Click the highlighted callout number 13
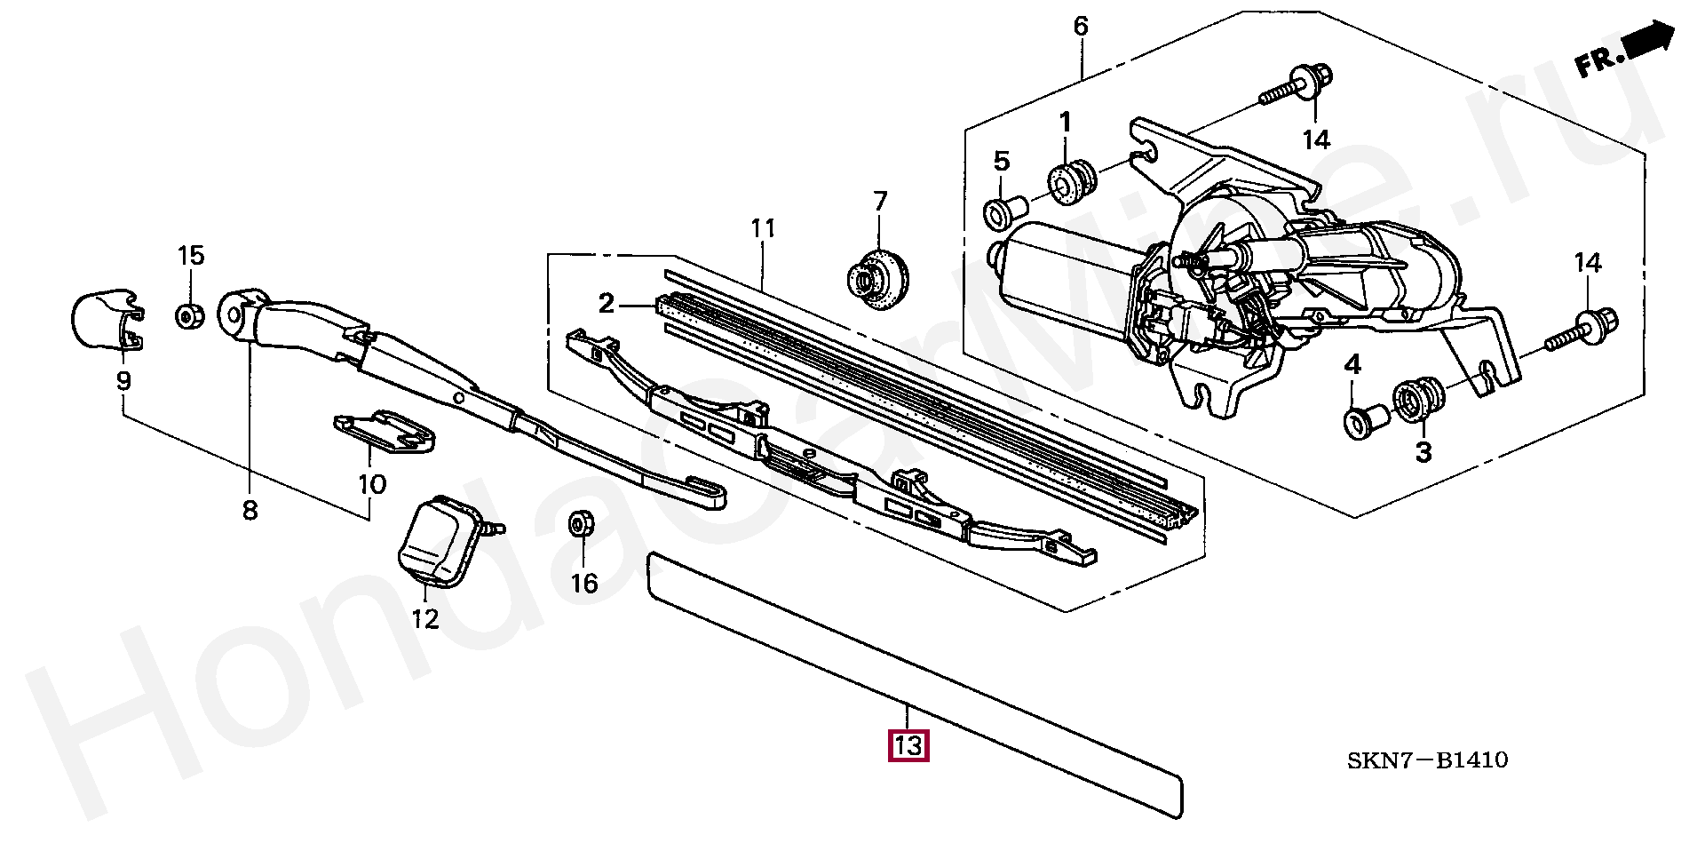click(x=908, y=744)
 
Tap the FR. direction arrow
click(x=1624, y=52)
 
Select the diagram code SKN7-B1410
click(x=1427, y=760)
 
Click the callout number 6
click(x=1080, y=26)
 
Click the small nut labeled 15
click(x=188, y=315)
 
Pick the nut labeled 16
click(x=580, y=526)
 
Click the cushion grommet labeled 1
click(x=1072, y=183)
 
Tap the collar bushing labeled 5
click(x=1004, y=213)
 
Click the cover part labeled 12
click(x=442, y=541)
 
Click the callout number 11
click(x=763, y=229)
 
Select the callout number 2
click(x=606, y=305)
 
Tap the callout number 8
click(x=250, y=510)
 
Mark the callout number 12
click(x=425, y=618)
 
